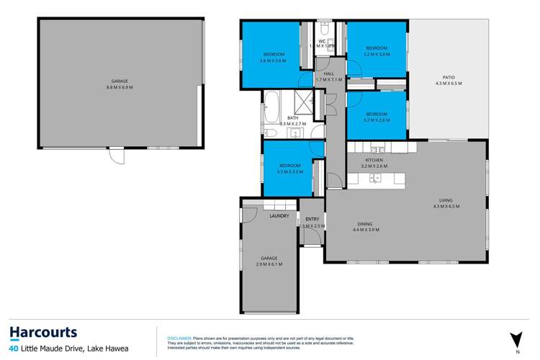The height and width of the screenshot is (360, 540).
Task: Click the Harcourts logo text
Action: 43,332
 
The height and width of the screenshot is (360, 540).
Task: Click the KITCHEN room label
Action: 374,160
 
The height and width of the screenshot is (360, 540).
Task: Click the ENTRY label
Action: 312,219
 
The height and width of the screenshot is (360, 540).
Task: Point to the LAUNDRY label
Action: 279,216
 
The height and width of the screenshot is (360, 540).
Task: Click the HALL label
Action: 329,73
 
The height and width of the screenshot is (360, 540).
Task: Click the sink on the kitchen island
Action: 376,179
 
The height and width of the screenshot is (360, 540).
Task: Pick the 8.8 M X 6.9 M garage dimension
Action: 119,87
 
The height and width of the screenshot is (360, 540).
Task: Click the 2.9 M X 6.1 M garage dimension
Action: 269,264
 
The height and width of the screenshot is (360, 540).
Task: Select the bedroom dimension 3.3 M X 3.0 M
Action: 289,171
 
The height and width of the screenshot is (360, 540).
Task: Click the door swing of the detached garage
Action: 114,155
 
